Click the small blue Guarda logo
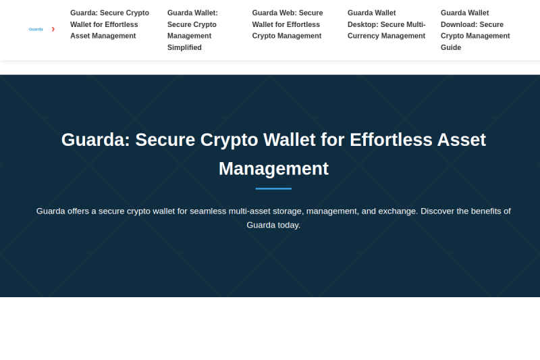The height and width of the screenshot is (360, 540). tap(36, 29)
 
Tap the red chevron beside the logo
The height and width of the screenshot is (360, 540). tap(53, 29)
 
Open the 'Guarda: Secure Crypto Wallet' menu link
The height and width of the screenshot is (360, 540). tap(109, 24)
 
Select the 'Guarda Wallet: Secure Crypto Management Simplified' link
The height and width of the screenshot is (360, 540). tap(192, 30)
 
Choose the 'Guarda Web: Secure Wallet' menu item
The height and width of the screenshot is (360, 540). tap(288, 24)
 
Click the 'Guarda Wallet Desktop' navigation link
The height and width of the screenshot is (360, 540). tap(386, 24)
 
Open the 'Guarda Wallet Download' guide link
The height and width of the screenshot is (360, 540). tap(475, 30)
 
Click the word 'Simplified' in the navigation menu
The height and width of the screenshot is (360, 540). tap(184, 47)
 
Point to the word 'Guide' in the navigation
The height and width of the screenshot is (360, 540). tap(451, 47)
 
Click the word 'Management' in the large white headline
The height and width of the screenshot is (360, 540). tap(274, 169)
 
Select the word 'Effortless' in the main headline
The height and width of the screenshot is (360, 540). tap(391, 140)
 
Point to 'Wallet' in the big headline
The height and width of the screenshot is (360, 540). tap(290, 140)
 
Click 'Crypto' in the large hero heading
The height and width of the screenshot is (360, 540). tap(229, 140)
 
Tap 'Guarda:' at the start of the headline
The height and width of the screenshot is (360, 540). tap(96, 140)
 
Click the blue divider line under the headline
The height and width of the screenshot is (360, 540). tap(273, 189)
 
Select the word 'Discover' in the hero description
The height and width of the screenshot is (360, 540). tap(437, 211)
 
